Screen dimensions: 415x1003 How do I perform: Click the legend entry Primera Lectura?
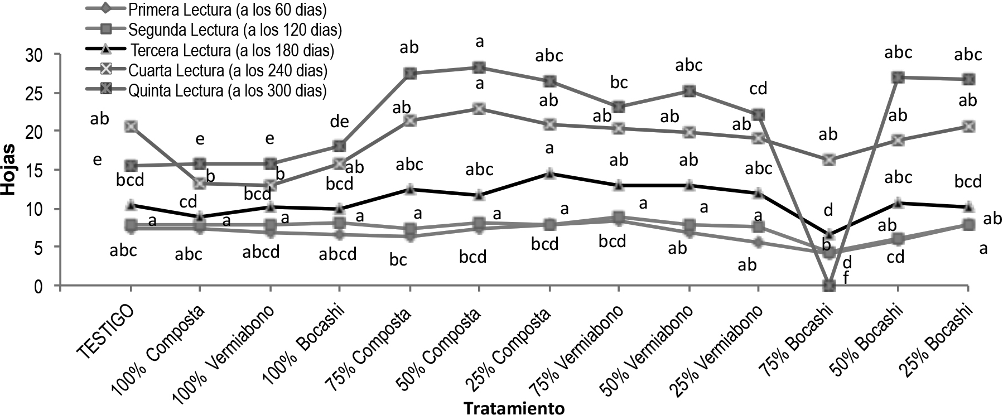point(226,9)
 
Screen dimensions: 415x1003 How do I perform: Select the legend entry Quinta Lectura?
point(226,90)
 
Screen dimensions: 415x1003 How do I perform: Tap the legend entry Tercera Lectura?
point(232,50)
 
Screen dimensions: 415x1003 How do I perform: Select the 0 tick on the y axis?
point(44,286)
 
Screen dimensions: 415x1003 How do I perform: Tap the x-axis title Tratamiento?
point(514,408)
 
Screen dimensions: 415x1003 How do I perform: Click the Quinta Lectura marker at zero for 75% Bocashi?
point(829,286)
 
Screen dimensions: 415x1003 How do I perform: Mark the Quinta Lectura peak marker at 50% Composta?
point(479,67)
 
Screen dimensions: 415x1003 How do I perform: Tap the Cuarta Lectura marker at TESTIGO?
point(131,127)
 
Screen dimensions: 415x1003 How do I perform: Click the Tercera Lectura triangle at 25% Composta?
point(550,173)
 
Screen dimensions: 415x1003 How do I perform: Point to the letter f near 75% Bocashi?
point(845,277)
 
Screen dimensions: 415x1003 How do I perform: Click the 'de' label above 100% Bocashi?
point(340,122)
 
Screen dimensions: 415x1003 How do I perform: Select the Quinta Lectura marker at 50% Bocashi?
point(898,78)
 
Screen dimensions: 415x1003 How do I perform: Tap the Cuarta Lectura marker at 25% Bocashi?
point(968,127)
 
